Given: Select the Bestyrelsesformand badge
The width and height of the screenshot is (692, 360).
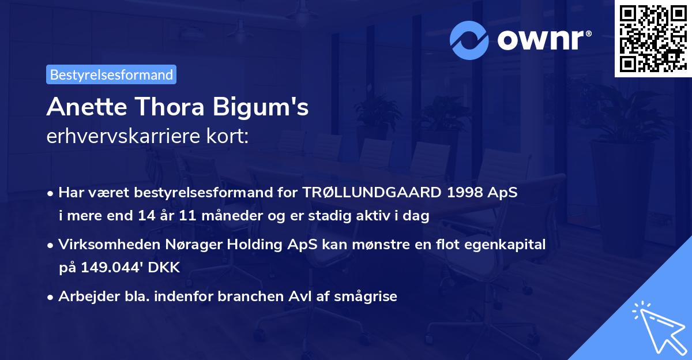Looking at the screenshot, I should click(x=111, y=74).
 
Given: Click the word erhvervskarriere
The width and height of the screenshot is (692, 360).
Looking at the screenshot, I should click(x=125, y=137).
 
